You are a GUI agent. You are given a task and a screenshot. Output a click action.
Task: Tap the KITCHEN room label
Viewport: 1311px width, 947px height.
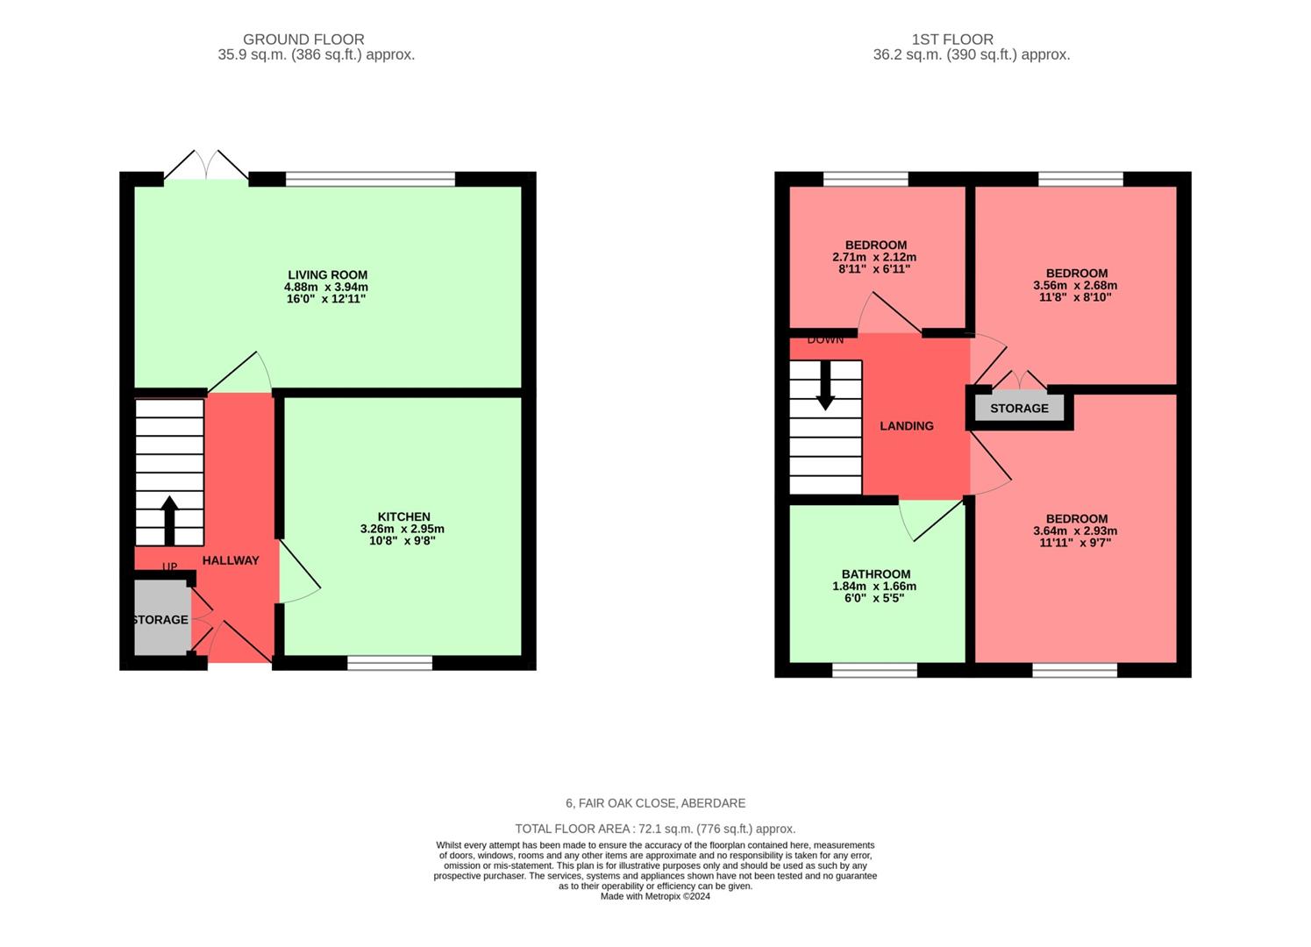403,516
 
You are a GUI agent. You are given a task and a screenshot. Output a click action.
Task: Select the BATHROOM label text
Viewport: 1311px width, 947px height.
875,574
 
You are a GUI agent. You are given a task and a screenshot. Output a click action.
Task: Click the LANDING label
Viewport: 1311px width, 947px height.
906,426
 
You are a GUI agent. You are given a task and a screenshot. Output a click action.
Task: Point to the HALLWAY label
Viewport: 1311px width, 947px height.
231,560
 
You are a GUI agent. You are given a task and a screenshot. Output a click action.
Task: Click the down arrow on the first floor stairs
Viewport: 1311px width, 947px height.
825,386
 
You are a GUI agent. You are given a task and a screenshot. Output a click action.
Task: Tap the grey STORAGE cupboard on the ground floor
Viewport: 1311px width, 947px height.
161,618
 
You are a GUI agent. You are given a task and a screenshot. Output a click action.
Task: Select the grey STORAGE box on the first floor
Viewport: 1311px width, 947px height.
1019,408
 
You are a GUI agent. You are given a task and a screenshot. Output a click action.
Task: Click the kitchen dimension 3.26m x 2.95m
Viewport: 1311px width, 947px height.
403,529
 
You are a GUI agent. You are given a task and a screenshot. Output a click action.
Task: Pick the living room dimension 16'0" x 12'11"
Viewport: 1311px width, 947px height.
326,299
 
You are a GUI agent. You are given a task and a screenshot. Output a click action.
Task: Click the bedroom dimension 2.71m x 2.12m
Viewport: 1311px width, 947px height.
874,258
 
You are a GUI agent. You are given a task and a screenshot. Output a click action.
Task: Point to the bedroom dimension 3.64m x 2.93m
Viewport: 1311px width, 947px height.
1075,530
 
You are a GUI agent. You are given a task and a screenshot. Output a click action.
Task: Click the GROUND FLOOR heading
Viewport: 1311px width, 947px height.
303,39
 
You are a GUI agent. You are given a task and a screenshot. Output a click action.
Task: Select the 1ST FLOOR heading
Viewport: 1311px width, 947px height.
952,39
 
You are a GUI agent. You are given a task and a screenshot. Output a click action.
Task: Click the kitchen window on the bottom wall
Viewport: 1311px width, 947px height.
389,663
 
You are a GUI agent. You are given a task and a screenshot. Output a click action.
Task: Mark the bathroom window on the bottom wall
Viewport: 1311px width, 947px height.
874,670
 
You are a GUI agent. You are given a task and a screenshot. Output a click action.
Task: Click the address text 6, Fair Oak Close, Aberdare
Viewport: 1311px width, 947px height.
655,803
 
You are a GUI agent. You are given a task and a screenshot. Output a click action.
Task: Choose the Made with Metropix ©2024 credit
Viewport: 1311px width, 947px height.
655,896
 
